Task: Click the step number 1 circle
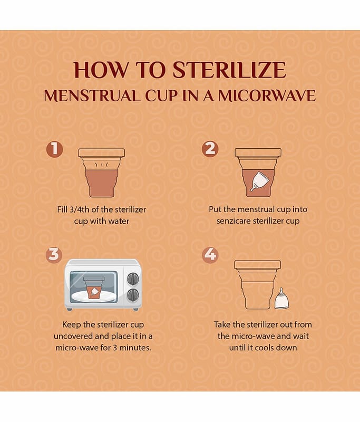click(55, 149)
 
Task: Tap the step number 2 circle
click(210, 149)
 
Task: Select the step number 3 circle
click(54, 255)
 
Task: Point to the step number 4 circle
click(210, 255)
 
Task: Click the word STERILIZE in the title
click(229, 70)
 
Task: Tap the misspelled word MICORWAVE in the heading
click(267, 96)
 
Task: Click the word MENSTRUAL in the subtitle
click(92, 96)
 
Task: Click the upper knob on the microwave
click(133, 279)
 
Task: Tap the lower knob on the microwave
click(133, 295)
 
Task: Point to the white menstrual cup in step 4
click(282, 298)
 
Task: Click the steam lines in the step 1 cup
click(102, 165)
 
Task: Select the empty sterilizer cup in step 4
click(257, 284)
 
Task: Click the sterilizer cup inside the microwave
click(94, 287)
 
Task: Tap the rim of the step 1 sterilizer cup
click(102, 153)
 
